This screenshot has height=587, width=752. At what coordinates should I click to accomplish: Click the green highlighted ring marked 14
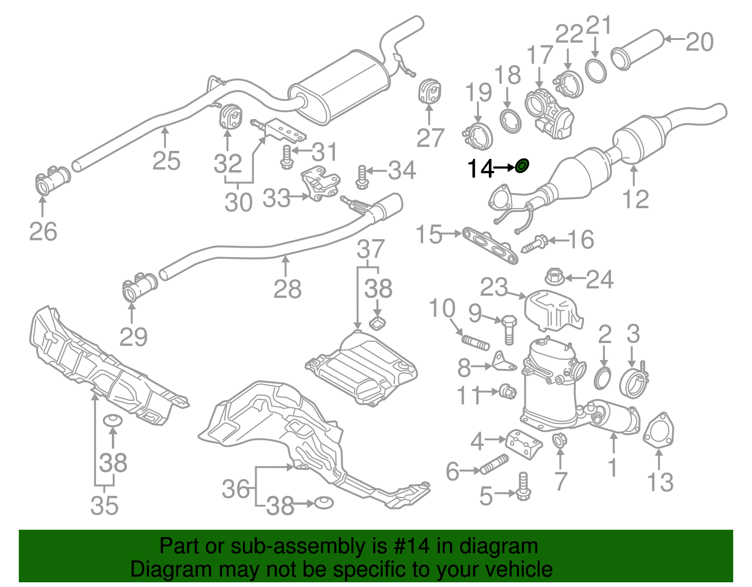(522, 165)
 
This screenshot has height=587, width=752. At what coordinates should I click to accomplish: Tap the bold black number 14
(480, 168)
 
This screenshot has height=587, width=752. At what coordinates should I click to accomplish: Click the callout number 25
(166, 161)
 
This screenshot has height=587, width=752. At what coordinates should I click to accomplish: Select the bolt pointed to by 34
(361, 177)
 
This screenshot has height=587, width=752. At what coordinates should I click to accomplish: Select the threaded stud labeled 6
(494, 464)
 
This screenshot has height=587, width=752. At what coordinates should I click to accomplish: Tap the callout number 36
(235, 489)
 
